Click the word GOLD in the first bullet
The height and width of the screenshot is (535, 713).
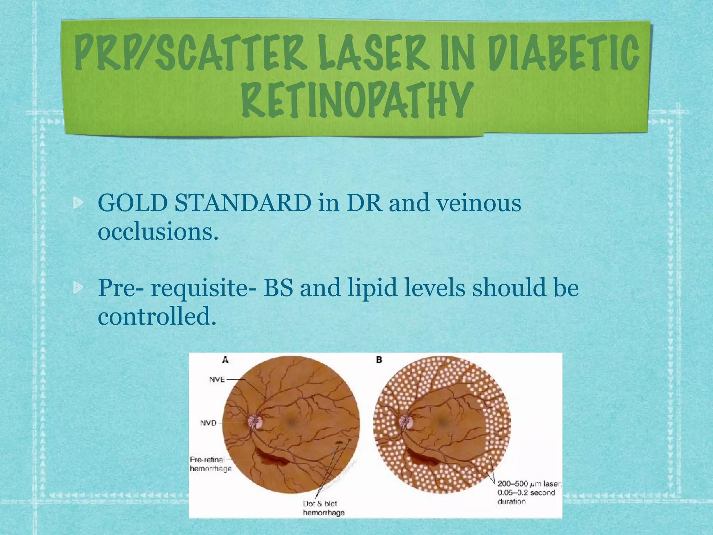(x=133, y=203)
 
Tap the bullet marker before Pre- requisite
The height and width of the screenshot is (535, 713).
(x=78, y=287)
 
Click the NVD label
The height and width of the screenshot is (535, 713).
(x=208, y=423)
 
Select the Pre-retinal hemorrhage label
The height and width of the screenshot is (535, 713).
(x=210, y=464)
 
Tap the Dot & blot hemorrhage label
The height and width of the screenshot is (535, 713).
(x=323, y=508)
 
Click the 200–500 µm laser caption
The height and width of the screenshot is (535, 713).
(x=528, y=493)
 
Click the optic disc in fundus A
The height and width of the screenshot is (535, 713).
(x=256, y=422)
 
